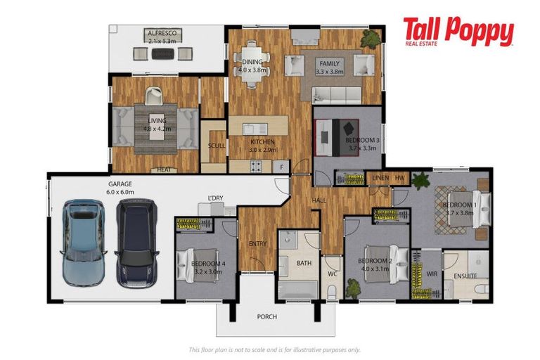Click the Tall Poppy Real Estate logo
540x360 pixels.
pyautogui.click(x=458, y=32)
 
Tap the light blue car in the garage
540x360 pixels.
pyautogui.click(x=83, y=242)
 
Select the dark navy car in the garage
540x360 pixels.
pyautogui.click(x=136, y=243)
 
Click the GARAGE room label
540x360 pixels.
pyautogui.click(x=120, y=184)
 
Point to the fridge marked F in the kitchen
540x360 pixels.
pyautogui.click(x=281, y=167)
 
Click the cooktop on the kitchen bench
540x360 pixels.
pyautogui.click(x=256, y=167)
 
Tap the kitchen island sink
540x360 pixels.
pyautogui.click(x=255, y=129)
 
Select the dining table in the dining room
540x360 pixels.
pyautogui.click(x=252, y=65)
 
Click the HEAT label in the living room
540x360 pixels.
pyautogui.click(x=164, y=170)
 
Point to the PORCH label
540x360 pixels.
pyautogui.click(x=267, y=316)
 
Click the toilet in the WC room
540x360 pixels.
pyautogui.click(x=332, y=292)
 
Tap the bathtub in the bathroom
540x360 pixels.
pyautogui.click(x=298, y=290)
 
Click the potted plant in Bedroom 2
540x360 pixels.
pyautogui.click(x=353, y=288)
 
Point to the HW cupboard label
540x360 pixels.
pyautogui.click(x=399, y=178)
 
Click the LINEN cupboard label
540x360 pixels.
pyautogui.click(x=380, y=178)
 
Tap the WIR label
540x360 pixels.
pyautogui.click(x=432, y=274)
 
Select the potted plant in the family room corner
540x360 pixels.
pyautogui.click(x=371, y=39)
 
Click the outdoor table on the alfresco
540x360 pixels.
pyautogui.click(x=163, y=53)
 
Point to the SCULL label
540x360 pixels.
pyautogui.click(x=217, y=146)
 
